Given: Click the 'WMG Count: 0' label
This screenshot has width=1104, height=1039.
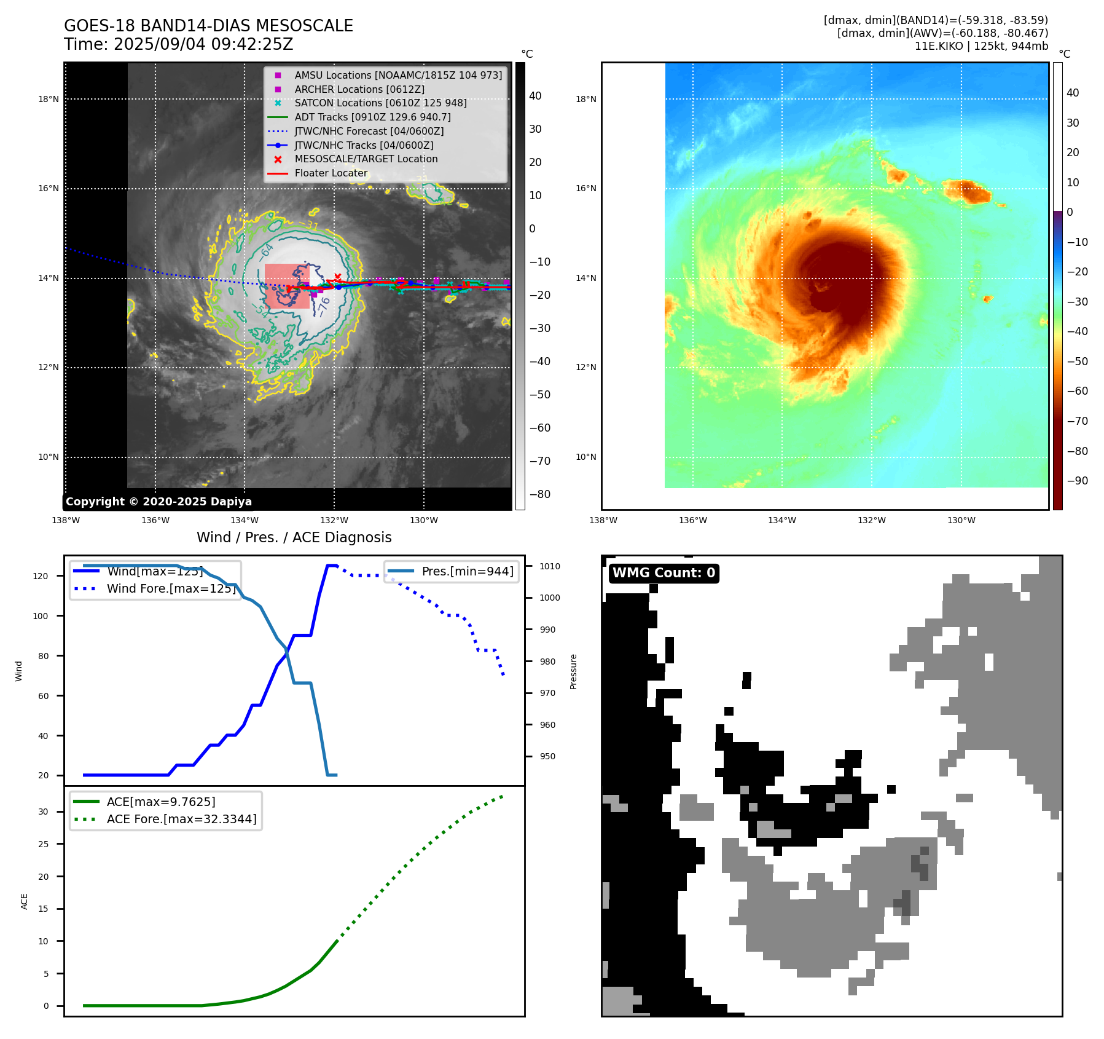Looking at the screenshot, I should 664,573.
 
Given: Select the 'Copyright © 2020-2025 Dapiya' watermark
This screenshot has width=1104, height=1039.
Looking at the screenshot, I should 159,502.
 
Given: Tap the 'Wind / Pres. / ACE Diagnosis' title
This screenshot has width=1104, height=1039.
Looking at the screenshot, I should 294,537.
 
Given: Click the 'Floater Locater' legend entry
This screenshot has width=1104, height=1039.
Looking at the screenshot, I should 331,173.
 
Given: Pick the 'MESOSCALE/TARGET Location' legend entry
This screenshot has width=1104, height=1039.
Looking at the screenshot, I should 366,159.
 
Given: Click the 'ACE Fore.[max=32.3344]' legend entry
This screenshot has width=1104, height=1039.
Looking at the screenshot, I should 181,819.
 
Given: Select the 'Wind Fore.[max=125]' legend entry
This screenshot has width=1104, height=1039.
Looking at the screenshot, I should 171,588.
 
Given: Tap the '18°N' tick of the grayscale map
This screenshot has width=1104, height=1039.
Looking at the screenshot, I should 49,99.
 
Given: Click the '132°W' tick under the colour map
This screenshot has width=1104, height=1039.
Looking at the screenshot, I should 871,520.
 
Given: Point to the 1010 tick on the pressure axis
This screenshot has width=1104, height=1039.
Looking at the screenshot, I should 550,566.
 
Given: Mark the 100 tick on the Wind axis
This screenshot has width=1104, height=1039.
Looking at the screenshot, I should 41,616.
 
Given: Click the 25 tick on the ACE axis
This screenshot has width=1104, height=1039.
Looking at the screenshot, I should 43,844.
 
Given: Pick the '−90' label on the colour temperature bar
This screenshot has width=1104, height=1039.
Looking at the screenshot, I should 1077,481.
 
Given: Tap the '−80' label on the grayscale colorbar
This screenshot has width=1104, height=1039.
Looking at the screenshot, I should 540,494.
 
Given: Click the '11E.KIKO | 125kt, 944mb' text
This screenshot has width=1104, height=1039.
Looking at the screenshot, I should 981,46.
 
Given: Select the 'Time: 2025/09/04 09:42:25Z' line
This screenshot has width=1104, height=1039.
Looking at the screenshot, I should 178,44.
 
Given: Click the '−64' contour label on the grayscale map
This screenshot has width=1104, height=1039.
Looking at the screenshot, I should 267,251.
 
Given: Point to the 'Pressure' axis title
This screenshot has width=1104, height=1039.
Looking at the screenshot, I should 573,671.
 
